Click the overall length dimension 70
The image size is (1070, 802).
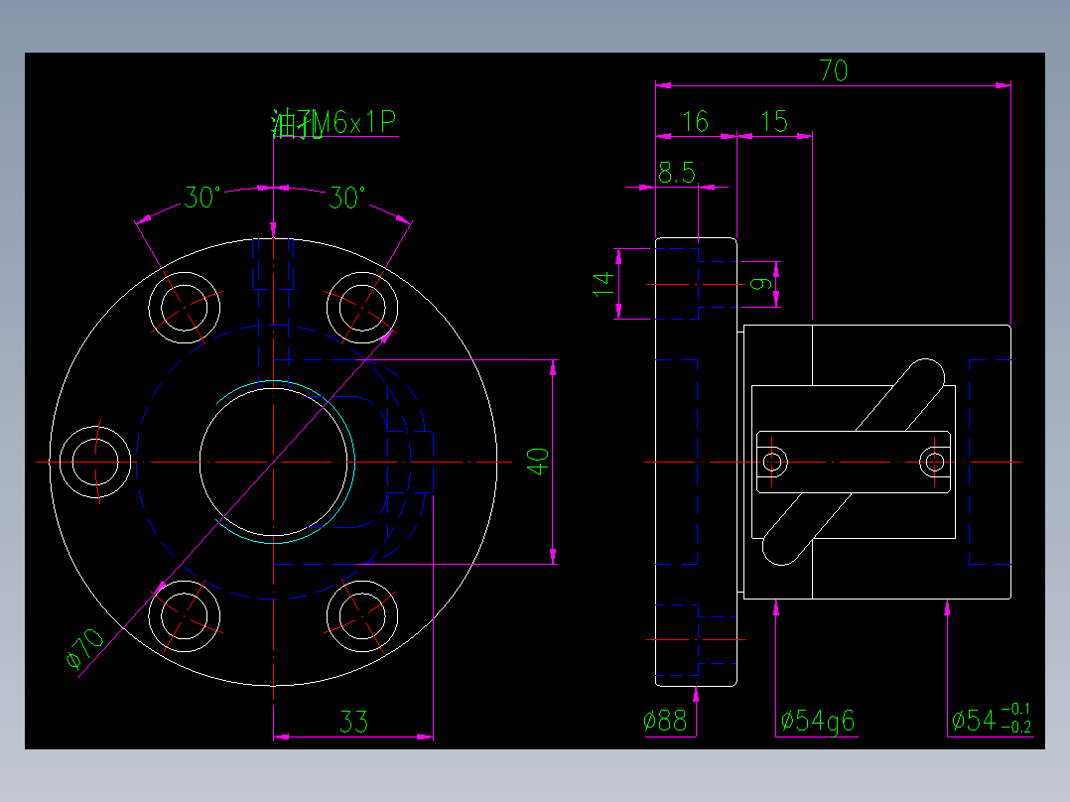tap(833, 70)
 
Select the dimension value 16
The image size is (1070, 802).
tap(696, 122)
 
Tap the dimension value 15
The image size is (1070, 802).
tap(773, 122)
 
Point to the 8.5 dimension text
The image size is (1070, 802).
tap(676, 174)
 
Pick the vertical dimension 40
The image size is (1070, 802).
tap(537, 461)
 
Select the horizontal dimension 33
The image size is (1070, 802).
tap(353, 722)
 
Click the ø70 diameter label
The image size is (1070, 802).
tap(84, 649)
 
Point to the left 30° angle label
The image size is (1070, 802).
tap(201, 199)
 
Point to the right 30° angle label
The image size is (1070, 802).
tap(346, 199)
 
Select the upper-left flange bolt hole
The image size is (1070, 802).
tap(184, 305)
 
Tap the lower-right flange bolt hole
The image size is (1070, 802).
tap(361, 614)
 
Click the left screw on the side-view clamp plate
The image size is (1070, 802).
tap(772, 462)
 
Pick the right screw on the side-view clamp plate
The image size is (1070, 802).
tap(933, 462)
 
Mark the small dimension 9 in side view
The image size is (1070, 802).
tap(761, 284)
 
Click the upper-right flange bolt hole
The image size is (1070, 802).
tap(361, 305)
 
